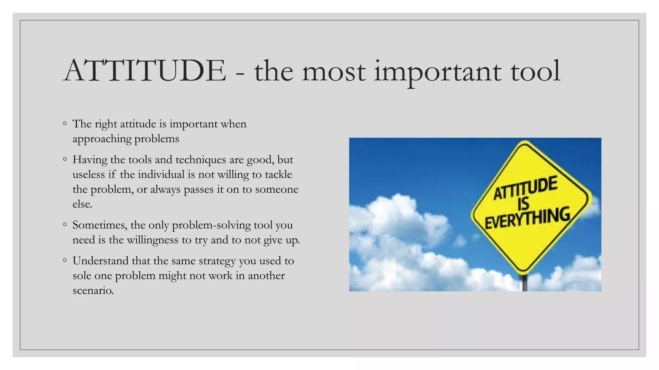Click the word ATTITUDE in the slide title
(145, 71)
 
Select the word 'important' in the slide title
(438, 72)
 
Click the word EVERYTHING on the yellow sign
(527, 218)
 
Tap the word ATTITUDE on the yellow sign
(525, 188)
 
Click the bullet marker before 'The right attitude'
(65, 123)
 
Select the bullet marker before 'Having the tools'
(65, 159)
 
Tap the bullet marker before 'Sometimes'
(65, 225)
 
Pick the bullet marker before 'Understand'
(65, 260)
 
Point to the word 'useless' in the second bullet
(88, 174)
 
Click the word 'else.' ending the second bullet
(82, 204)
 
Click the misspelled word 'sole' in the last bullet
(82, 276)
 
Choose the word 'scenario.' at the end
(93, 290)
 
